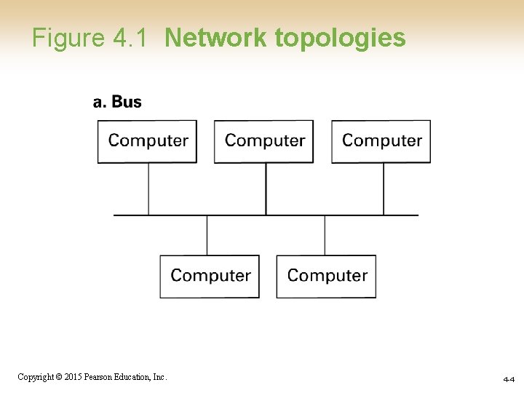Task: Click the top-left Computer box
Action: pyautogui.click(x=148, y=141)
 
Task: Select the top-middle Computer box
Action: pyautogui.click(x=264, y=141)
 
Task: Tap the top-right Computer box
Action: pyautogui.click(x=381, y=141)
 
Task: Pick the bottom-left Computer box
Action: pyautogui.click(x=210, y=276)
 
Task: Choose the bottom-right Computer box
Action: pyautogui.click(x=327, y=276)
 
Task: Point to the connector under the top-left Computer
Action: pyautogui.click(x=148, y=188)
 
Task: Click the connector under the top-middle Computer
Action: pyautogui.click(x=266, y=188)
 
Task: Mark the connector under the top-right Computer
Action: pyautogui.click(x=384, y=188)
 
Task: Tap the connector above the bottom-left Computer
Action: pyautogui.click(x=207, y=235)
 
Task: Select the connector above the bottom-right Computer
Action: pyautogui.click(x=325, y=235)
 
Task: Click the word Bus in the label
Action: pyautogui.click(x=127, y=102)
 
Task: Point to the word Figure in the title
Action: pyautogui.click(x=69, y=38)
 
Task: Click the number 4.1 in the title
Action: pyautogui.click(x=133, y=38)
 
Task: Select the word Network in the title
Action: pyautogui.click(x=215, y=38)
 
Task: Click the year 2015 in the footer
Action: pyautogui.click(x=71, y=377)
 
